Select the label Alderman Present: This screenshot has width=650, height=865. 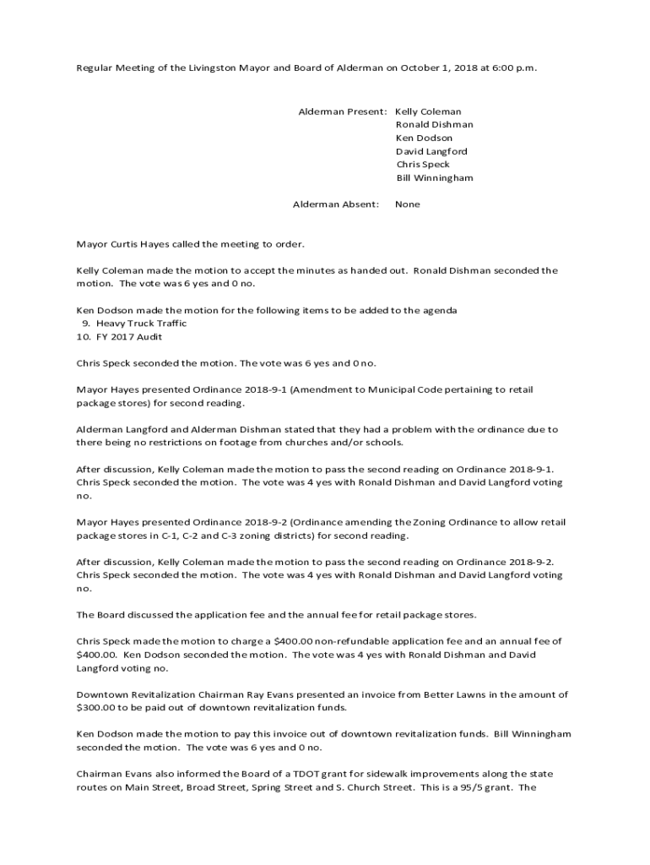pyautogui.click(x=344, y=112)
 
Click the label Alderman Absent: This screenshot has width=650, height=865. pyautogui.click(x=336, y=204)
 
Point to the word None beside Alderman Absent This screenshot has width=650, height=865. pyautogui.click(x=408, y=204)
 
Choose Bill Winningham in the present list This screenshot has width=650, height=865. pyautogui.click(x=435, y=178)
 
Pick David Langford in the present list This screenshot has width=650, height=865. pyautogui.click(x=431, y=151)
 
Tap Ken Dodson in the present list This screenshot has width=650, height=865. pyautogui.click(x=424, y=138)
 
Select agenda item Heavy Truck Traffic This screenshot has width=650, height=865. pyautogui.click(x=142, y=324)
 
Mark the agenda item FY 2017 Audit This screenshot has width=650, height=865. pyautogui.click(x=132, y=337)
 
